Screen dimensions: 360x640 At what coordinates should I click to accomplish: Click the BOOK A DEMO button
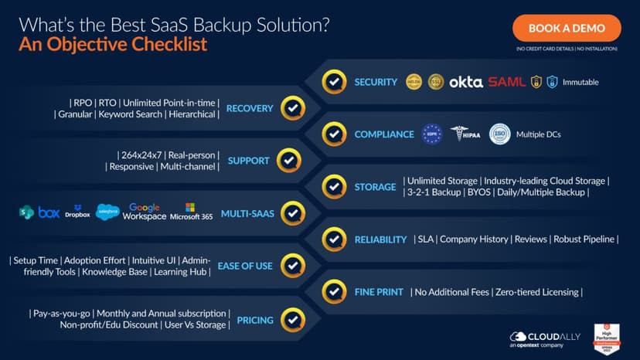(566, 28)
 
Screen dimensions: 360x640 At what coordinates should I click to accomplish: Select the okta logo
(465, 82)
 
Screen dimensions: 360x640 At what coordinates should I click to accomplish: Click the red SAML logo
(506, 82)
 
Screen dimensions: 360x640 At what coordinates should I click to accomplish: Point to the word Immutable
(580, 82)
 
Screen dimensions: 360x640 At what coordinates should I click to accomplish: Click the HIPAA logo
(465, 134)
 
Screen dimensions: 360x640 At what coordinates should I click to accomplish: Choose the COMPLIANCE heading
(384, 134)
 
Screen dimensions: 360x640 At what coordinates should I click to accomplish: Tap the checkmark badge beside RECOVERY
(292, 108)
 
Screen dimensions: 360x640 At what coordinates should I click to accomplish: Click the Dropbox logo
(77, 212)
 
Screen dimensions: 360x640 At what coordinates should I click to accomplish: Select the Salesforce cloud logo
(107, 212)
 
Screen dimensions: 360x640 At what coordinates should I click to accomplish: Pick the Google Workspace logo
(144, 212)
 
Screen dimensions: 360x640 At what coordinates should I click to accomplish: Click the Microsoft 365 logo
(191, 212)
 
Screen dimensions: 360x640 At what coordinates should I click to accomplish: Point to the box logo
(49, 212)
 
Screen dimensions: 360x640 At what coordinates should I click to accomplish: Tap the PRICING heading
(254, 319)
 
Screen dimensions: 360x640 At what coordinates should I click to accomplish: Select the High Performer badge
(608, 338)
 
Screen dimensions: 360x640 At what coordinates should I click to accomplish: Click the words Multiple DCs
(538, 134)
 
